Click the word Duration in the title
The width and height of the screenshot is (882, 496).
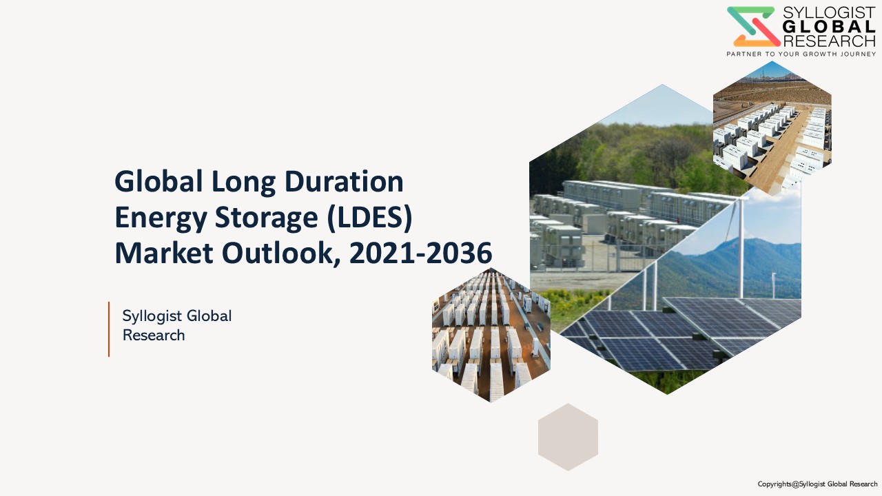344,181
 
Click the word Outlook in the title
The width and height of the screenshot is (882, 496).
281,254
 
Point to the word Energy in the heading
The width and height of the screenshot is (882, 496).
161,219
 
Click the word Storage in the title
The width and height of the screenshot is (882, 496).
266,219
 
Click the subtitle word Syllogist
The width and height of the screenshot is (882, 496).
152,316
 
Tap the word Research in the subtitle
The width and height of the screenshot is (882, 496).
154,335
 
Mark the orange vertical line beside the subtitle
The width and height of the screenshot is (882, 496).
109,329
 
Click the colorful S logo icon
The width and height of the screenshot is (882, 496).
754,26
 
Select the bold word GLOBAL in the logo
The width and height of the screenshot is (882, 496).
829,27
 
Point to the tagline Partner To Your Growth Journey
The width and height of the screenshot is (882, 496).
801,54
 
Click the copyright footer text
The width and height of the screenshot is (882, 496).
817,484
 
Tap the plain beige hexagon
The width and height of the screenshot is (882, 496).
568,437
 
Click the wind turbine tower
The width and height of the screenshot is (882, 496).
741,248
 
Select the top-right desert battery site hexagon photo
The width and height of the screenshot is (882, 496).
772,128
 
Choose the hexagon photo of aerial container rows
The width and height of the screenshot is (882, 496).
491,335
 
